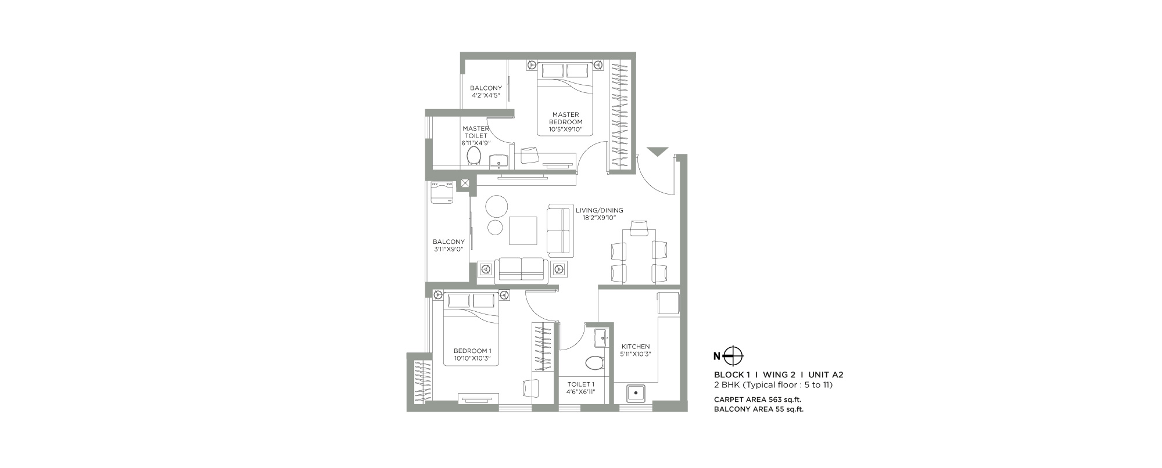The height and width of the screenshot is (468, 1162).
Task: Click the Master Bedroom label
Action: click(x=565, y=118)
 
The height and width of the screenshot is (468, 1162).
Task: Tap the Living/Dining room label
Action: click(x=600, y=210)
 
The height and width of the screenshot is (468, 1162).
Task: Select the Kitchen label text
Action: click(x=636, y=347)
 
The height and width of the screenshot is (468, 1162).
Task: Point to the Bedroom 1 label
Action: click(x=472, y=351)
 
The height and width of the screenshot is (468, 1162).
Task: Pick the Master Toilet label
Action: click(x=475, y=132)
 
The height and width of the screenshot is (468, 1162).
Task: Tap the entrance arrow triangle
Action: click(x=657, y=152)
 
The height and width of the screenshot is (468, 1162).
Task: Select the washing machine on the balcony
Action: click(x=443, y=192)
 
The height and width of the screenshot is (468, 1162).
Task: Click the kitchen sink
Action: click(x=636, y=393)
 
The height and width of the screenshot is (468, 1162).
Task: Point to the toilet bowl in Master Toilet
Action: click(x=474, y=156)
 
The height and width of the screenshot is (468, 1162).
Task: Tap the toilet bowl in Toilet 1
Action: click(x=594, y=363)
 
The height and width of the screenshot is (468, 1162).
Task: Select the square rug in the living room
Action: click(x=523, y=231)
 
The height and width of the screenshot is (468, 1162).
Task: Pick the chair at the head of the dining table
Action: click(x=639, y=228)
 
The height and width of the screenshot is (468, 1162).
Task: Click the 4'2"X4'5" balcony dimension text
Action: click(x=486, y=95)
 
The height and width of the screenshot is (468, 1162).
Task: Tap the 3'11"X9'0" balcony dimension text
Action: click(x=449, y=249)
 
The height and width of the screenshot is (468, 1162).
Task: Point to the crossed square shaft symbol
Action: click(x=465, y=184)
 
